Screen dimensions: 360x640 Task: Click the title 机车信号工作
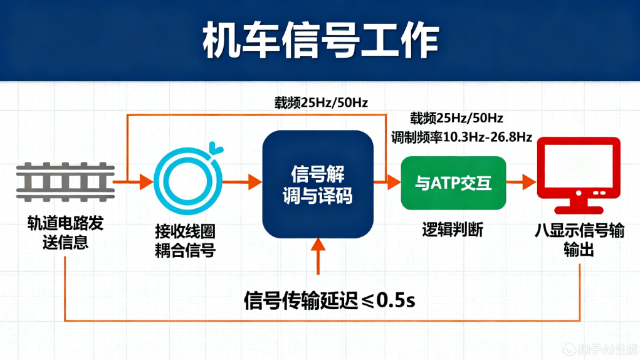click(320, 41)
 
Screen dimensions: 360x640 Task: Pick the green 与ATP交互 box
click(453, 183)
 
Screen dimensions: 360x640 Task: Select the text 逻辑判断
click(452, 230)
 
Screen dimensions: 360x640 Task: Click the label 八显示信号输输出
click(579, 240)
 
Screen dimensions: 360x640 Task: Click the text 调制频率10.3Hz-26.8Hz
click(461, 137)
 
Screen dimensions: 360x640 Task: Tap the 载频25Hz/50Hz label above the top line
click(320, 102)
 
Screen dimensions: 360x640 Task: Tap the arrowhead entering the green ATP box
click(394, 183)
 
